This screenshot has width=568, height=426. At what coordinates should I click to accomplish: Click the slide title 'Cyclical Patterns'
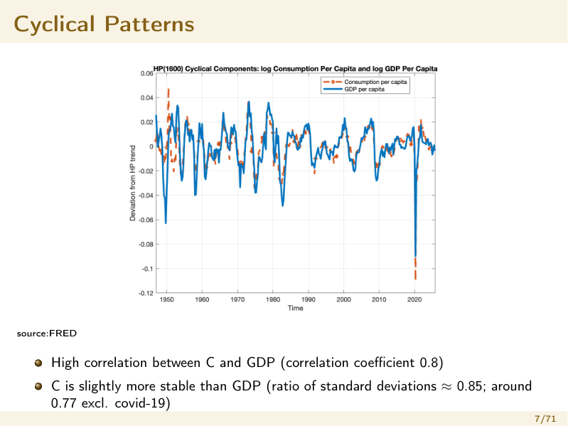(104, 24)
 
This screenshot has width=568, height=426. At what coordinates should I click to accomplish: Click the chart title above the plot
(295, 69)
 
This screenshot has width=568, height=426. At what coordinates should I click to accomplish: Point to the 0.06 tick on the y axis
(146, 73)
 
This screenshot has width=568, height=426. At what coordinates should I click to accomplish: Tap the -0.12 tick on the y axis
(146, 293)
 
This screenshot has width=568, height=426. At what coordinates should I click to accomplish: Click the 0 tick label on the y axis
(151, 147)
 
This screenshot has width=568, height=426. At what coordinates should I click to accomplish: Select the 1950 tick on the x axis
(166, 299)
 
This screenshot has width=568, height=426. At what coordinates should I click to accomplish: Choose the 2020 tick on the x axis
(414, 299)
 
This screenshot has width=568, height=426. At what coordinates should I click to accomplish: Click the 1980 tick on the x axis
(273, 299)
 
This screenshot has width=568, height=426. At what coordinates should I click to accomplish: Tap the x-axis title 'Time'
(295, 308)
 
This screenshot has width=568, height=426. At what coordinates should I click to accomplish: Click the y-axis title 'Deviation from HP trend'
(133, 183)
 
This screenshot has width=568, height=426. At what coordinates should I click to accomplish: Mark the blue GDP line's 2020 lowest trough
(415, 256)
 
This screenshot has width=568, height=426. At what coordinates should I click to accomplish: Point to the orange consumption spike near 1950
(168, 89)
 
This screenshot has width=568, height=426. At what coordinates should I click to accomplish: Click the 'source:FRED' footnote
(47, 334)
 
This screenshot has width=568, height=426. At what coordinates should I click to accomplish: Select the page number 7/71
(545, 419)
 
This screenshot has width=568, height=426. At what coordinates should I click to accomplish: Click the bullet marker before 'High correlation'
(38, 363)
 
